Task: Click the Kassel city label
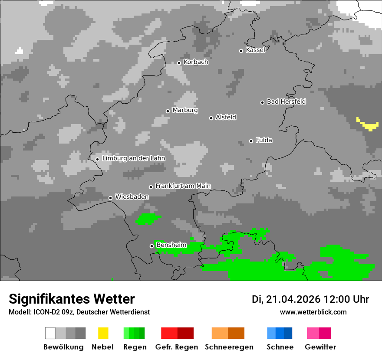pos(255,50)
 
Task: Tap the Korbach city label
pos(196,62)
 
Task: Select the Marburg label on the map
pos(185,110)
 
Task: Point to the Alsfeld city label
pos(226,117)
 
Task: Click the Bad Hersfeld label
pos(286,101)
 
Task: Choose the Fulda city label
pos(264,140)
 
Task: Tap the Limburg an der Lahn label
pos(133,158)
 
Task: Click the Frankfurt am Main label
pos(183,186)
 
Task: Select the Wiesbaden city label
pos(132,197)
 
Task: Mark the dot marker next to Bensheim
pos(151,246)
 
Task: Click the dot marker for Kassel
pos(241,51)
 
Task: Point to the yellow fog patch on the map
pos(369,125)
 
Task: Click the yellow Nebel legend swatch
pos(103,333)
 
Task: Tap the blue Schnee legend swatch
pos(280,333)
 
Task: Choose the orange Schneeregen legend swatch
pos(228,333)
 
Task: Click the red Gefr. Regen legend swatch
pos(177,333)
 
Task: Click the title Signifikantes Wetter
pos(72,299)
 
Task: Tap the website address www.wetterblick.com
pos(313,312)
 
